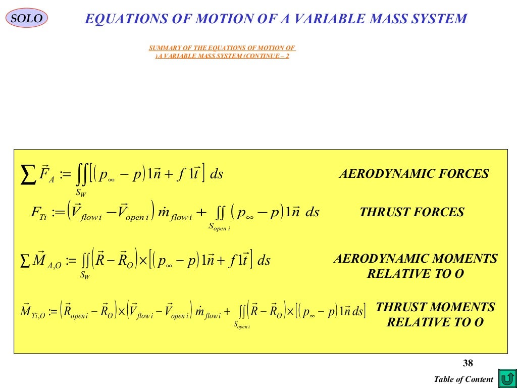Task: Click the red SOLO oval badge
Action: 27,19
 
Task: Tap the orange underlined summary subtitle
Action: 222,52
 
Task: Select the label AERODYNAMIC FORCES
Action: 413,174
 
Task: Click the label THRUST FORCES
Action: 411,212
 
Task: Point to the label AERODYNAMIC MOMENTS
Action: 415,259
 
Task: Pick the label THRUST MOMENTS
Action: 435,307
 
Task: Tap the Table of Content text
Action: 463,379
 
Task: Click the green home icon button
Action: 506,378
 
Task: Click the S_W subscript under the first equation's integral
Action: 81,192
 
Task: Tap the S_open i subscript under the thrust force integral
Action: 220,227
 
